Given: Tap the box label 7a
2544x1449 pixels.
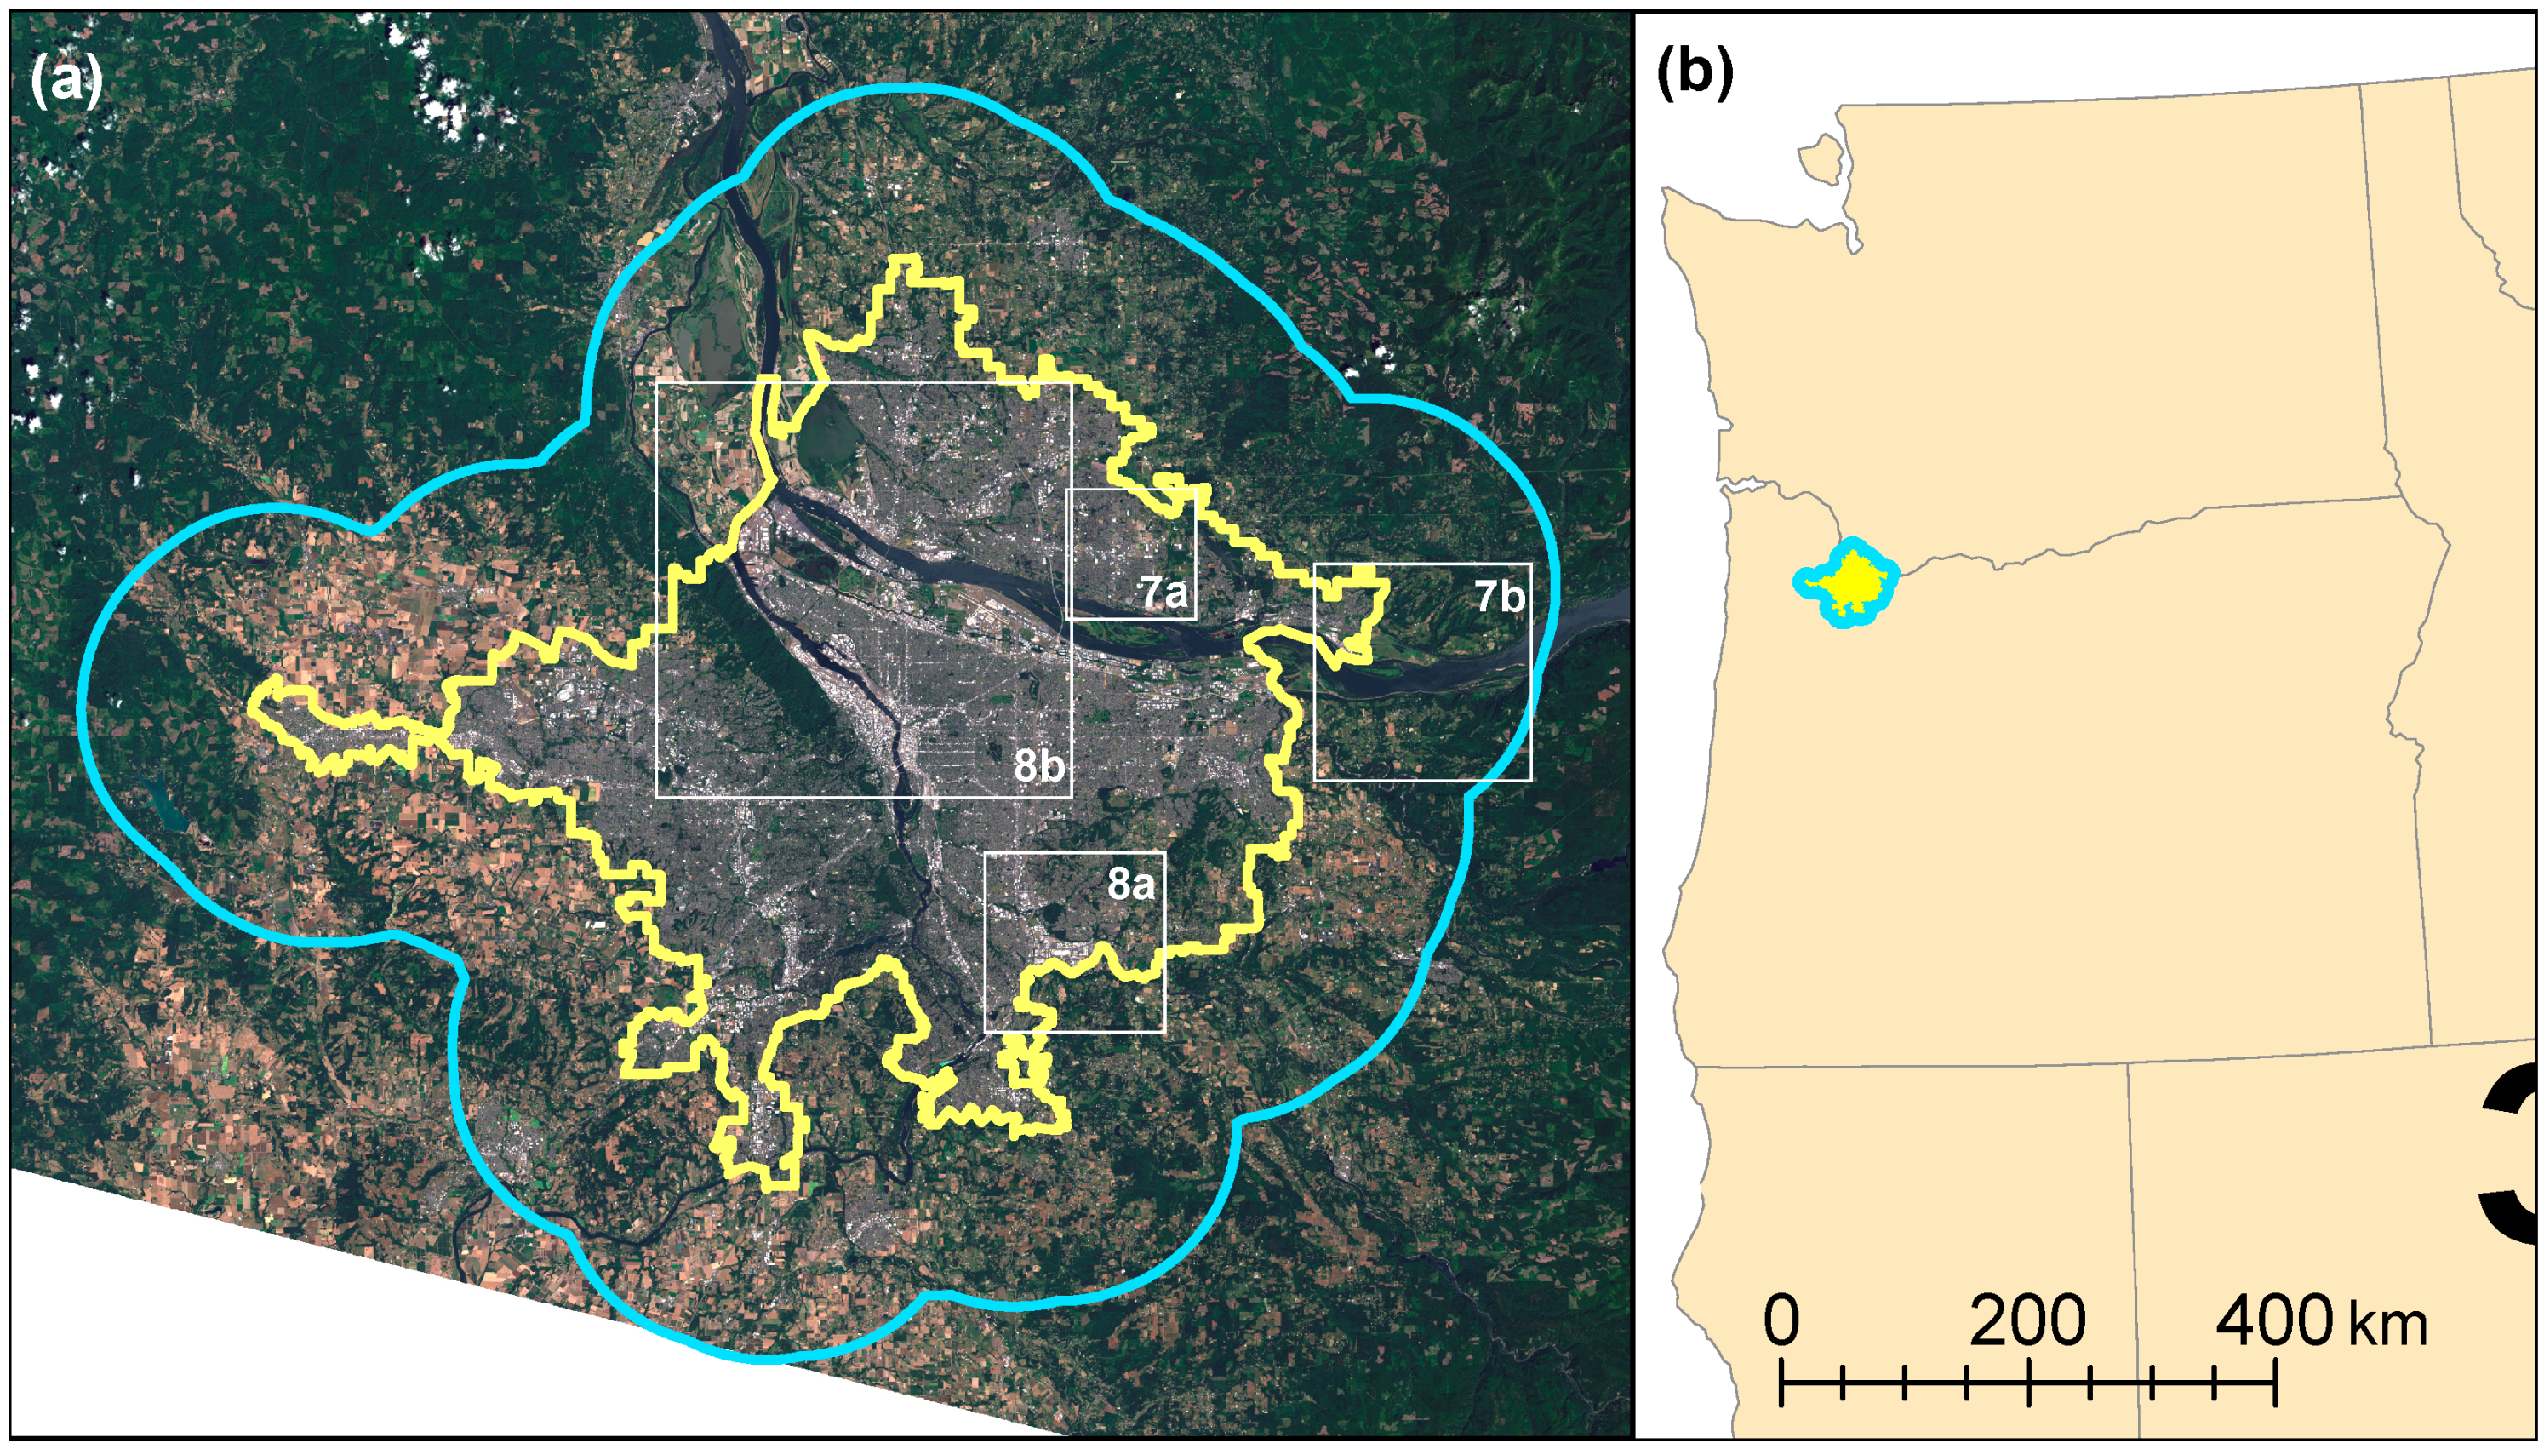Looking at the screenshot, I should (x=1162, y=593).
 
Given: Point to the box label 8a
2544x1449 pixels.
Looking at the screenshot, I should (x=1131, y=884).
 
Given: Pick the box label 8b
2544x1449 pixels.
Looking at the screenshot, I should (x=1038, y=766).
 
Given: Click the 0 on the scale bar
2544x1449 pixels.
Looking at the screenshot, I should (x=1781, y=1321).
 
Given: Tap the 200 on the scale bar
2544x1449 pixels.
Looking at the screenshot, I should (x=2027, y=1321).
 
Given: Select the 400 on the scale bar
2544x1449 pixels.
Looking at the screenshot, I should (x=2273, y=1321).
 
